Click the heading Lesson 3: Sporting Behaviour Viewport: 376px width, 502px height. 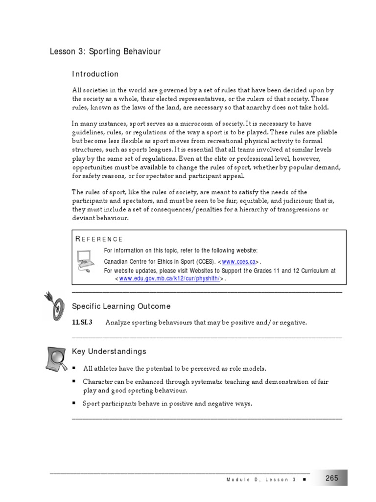pyautogui.click(x=105, y=51)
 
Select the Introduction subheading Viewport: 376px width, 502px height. pyautogui.click(x=95, y=74)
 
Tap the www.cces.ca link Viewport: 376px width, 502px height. pyautogui.click(x=239, y=262)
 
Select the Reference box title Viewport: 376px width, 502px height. pyautogui.click(x=99, y=239)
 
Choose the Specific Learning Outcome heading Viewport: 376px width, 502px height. pyautogui.click(x=121, y=306)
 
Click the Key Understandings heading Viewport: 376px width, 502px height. pyautogui.click(x=109, y=351)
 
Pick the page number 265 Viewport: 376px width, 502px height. pyautogui.click(x=331, y=478)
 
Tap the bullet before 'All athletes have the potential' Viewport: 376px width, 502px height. pyautogui.click(x=74, y=368)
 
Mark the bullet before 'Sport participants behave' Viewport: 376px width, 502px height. pyautogui.click(x=74, y=403)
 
